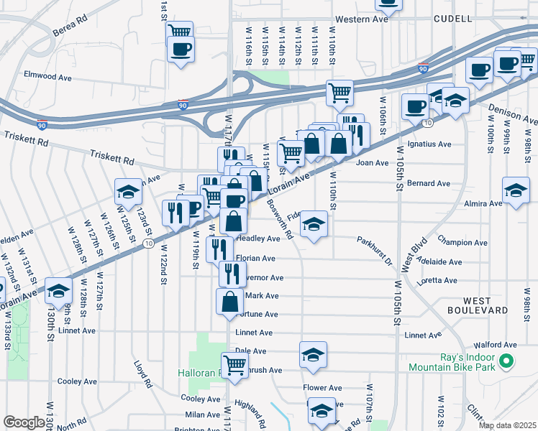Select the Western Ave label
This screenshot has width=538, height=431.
tap(362, 19)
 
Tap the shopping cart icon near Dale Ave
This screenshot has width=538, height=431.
tap(234, 364)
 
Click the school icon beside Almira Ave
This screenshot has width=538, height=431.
tap(516, 190)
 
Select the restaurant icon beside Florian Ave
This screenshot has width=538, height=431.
tap(219, 249)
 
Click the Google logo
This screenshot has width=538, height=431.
tap(24, 422)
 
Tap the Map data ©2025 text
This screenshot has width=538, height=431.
tap(508, 425)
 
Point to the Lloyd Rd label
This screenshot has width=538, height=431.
tap(142, 374)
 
